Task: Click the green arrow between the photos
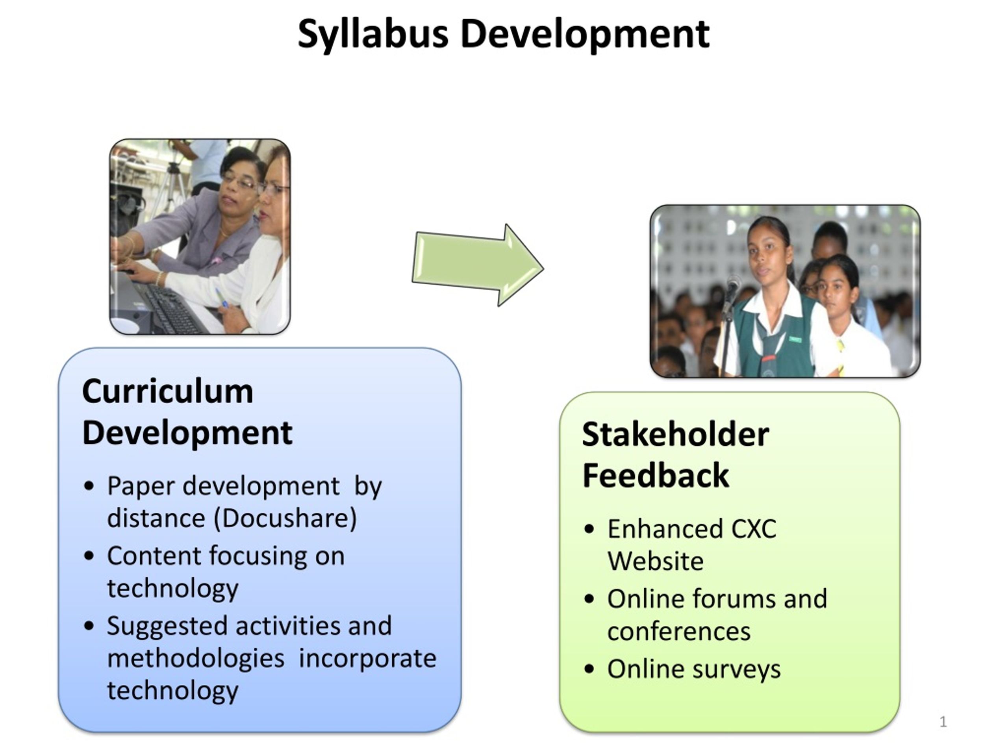[x=478, y=265]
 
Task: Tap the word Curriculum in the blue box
[x=167, y=391]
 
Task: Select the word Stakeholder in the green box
[x=675, y=434]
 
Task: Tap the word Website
[x=655, y=561]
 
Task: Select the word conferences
[x=678, y=632]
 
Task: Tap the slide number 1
[x=943, y=722]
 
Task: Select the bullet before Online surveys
[x=589, y=669]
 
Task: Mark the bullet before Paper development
[x=89, y=486]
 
